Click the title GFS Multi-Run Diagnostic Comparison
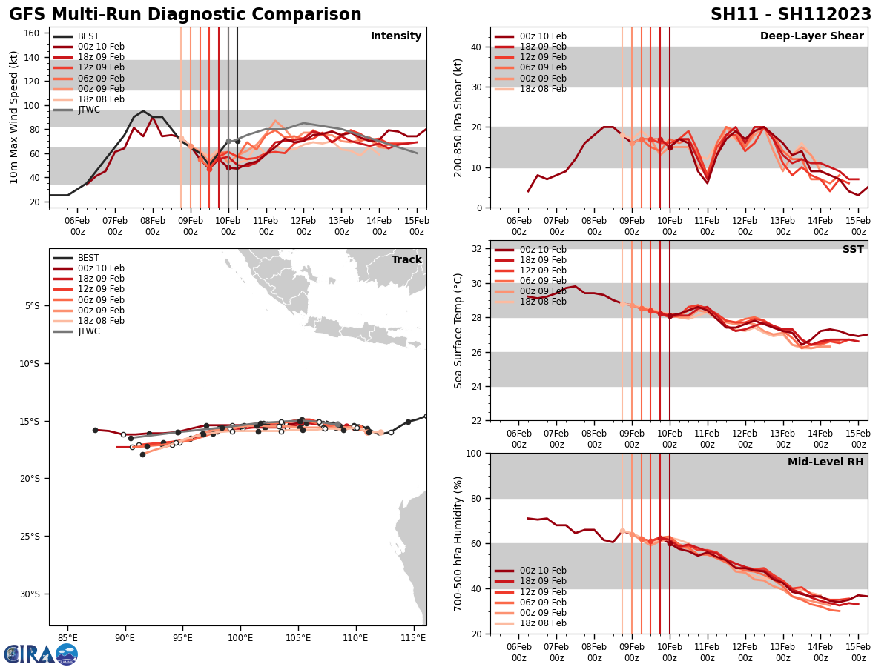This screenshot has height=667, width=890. pyautogui.click(x=185, y=15)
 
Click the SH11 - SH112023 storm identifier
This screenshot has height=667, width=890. pyautogui.click(x=791, y=15)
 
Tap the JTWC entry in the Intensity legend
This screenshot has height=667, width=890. pyautogui.click(x=88, y=110)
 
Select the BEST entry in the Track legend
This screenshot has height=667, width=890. pyautogui.click(x=88, y=258)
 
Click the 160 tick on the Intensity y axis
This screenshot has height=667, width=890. pyautogui.click(x=33, y=33)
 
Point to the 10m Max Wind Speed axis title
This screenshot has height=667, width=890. pyautogui.click(x=13, y=117)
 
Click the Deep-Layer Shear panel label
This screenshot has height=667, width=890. pyautogui.click(x=811, y=36)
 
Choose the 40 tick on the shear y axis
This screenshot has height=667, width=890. pyautogui.click(x=475, y=47)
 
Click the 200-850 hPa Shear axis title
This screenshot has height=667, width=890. pyautogui.click(x=458, y=117)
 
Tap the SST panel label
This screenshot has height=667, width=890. pyautogui.click(x=852, y=250)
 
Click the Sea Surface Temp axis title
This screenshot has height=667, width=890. pyautogui.click(x=458, y=331)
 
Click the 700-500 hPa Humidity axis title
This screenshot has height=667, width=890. pyautogui.click(x=458, y=543)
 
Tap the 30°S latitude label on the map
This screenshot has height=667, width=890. pyautogui.click(x=32, y=594)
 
